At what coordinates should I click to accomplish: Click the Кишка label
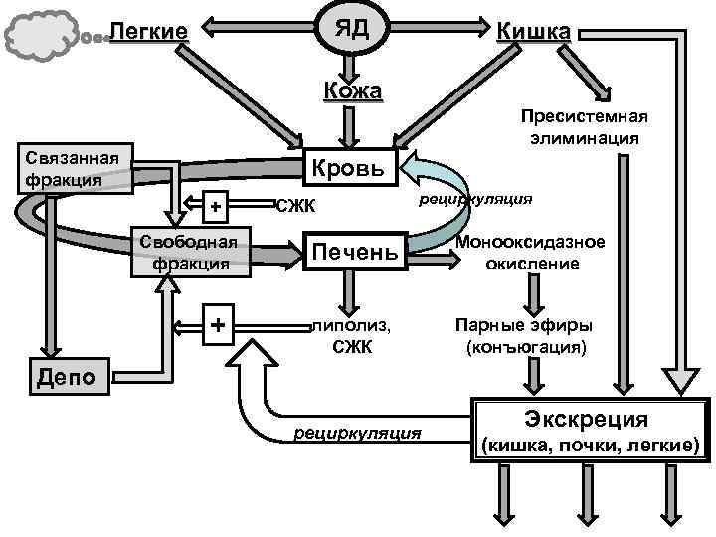pos(533,32)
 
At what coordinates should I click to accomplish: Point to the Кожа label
pos(352,91)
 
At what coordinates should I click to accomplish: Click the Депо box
pos(67,375)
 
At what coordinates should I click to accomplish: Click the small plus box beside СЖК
pos(214,207)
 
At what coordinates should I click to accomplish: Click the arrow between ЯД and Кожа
pos(348,66)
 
